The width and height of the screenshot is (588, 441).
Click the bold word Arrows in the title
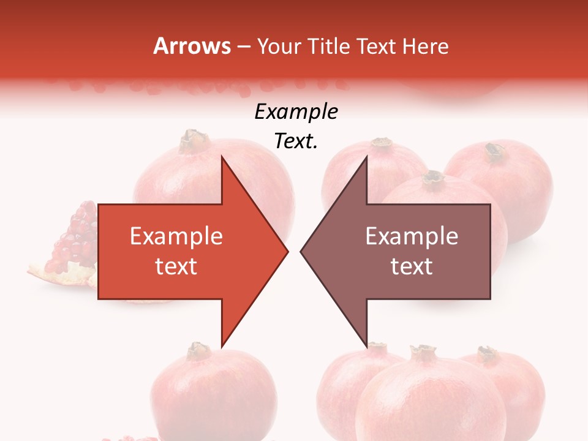[x=192, y=46]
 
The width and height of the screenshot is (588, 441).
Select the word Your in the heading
[x=279, y=46]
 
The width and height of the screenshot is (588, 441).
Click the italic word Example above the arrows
[x=296, y=112]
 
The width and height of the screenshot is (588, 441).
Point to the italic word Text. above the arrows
[x=296, y=141]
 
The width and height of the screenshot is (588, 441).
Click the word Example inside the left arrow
[x=176, y=236]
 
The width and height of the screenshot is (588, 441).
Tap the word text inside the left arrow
[x=176, y=266]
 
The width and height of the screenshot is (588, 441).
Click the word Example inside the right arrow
[x=412, y=236]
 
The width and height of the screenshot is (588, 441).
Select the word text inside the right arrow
[x=412, y=266]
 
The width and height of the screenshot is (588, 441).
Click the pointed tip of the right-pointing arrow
[x=288, y=251]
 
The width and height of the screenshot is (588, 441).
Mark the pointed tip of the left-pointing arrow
[x=301, y=251]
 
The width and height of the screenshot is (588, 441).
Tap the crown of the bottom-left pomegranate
[x=199, y=350]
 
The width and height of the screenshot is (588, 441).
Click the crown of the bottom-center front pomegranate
[x=423, y=352]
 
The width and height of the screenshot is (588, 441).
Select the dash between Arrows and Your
[x=243, y=47]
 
